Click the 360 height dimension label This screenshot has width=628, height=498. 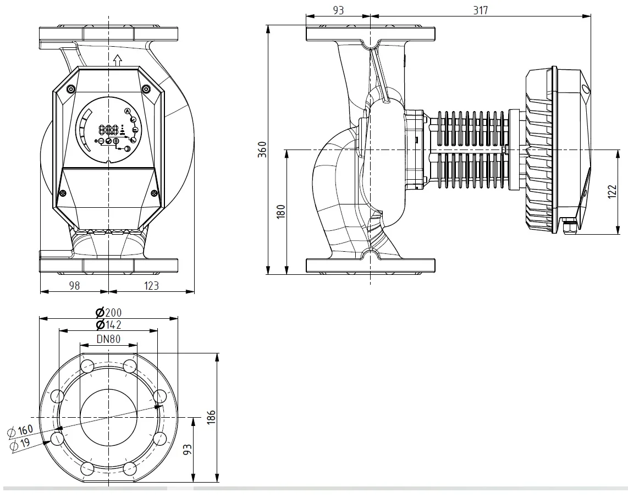point(262,150)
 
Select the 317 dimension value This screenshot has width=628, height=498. point(481,10)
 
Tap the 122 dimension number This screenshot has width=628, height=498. point(612,192)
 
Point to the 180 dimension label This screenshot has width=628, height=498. point(281,211)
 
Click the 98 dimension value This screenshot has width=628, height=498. point(74,285)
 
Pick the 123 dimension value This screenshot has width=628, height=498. point(151,285)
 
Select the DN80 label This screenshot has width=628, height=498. point(108,339)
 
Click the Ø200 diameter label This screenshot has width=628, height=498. point(108,312)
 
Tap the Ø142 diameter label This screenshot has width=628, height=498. point(108,324)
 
